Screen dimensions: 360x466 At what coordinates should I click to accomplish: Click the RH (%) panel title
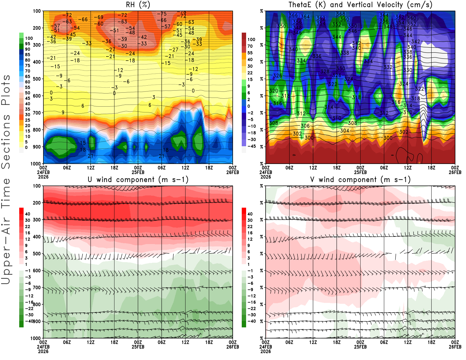[138, 5]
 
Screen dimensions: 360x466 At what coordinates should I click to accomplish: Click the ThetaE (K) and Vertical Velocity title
[360, 5]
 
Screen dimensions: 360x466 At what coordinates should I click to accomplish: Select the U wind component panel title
[138, 180]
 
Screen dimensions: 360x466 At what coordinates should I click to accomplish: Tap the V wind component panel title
[360, 180]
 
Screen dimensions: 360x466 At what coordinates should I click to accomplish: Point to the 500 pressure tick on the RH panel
[37, 79]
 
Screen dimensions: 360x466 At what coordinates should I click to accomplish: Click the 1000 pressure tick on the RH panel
[36, 164]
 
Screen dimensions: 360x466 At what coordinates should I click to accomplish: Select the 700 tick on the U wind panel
[37, 287]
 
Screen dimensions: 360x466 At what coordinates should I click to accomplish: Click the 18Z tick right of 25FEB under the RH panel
[209, 168]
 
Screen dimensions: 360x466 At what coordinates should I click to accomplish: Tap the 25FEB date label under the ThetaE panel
[360, 172]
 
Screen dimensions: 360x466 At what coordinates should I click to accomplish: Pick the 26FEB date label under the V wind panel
[455, 347]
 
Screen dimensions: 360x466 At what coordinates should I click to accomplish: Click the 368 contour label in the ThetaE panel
[341, 14]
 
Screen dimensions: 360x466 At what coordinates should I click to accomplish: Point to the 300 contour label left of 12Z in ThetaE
[309, 138]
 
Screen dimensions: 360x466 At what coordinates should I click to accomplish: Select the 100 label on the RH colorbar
[29, 38]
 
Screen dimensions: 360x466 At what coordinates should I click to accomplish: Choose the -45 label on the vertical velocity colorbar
[251, 146]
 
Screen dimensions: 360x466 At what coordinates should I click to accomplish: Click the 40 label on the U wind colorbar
[27, 214]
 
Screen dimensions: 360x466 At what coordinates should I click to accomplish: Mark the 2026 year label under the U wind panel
[43, 351]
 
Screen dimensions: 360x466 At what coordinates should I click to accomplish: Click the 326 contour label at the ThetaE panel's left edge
[278, 76]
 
